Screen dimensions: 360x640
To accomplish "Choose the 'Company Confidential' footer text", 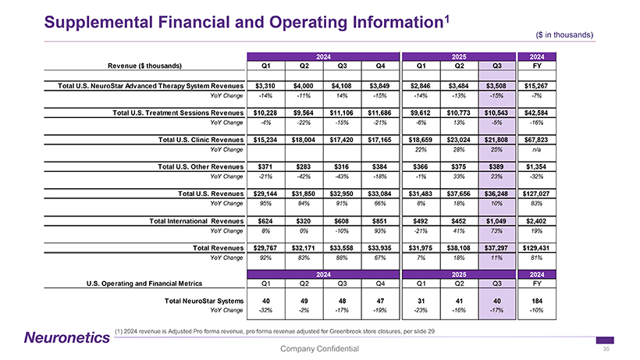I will tap(319, 348).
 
